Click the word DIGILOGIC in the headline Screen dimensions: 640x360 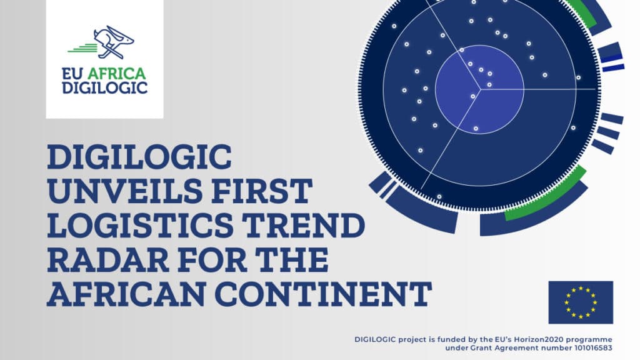[x=139, y=157]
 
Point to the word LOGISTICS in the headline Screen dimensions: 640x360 [x=141, y=225]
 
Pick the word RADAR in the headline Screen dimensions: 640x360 [x=108, y=259]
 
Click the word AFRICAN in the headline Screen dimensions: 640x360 [x=127, y=294]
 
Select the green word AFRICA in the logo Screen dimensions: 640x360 [x=117, y=74]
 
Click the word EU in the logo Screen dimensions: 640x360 [x=72, y=74]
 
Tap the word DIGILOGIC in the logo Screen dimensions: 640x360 [x=104, y=87]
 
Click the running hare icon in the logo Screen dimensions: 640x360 [x=114, y=42]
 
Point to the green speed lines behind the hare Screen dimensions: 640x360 [x=82, y=48]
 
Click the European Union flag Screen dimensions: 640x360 [x=581, y=302]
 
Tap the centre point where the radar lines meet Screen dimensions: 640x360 [x=480, y=89]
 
